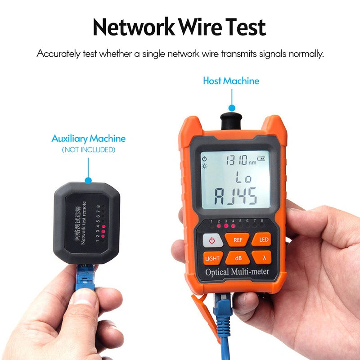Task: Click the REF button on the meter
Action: pyautogui.click(x=238, y=239)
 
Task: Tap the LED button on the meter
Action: pyautogui.click(x=264, y=239)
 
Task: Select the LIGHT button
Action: pyautogui.click(x=212, y=258)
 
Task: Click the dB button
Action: pyautogui.click(x=238, y=258)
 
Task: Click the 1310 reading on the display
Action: pyautogui.click(x=236, y=159)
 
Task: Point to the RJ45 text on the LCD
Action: pyautogui.click(x=235, y=196)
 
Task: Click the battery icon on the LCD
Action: pyautogui.click(x=262, y=158)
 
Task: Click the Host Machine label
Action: pyautogui.click(x=231, y=81)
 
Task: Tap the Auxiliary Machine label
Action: pyautogui.click(x=89, y=139)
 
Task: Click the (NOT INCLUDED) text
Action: pyautogui.click(x=89, y=150)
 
